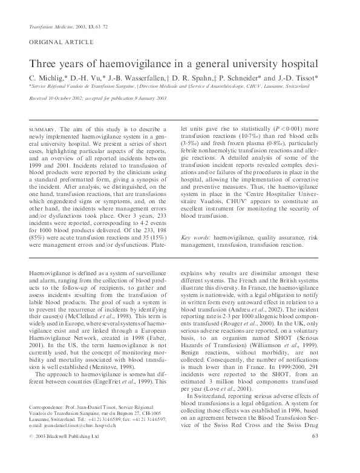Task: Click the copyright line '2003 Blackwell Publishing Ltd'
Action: tap(70, 454)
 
